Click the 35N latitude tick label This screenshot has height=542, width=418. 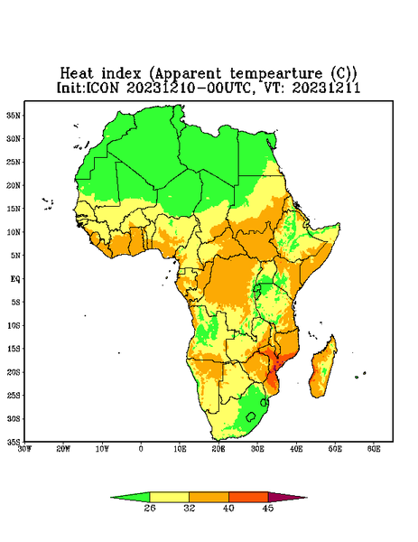click(x=14, y=116)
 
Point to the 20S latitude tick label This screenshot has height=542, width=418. click(x=14, y=372)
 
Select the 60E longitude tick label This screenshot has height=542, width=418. click(x=374, y=449)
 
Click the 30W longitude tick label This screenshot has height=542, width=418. click(x=24, y=449)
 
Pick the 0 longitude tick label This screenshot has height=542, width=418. click(x=141, y=449)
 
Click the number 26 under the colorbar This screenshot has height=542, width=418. click(x=150, y=508)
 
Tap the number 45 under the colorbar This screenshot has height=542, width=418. click(x=268, y=508)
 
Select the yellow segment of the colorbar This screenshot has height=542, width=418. click(x=169, y=497)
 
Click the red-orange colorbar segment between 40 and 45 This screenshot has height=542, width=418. click(x=248, y=497)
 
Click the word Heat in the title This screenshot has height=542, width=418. click(x=77, y=74)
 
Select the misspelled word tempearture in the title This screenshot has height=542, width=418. click(x=276, y=74)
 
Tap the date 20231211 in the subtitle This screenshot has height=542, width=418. click(x=327, y=88)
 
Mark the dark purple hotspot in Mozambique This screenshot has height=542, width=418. click(x=276, y=365)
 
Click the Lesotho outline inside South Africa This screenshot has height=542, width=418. click(x=251, y=416)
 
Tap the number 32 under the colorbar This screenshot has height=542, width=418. click(x=190, y=508)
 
